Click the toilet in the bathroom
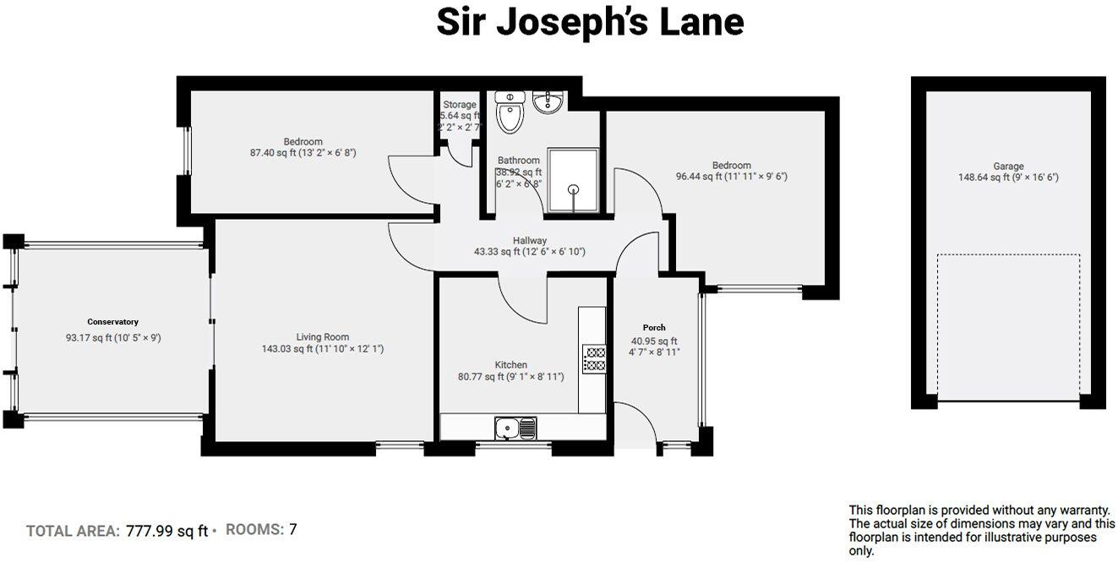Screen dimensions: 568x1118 tap(510, 113)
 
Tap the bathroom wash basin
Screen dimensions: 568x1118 tap(548, 101)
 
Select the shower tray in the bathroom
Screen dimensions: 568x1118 tap(573, 181)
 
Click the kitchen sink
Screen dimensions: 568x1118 tap(514, 429)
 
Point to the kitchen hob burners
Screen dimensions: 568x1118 tap(593, 358)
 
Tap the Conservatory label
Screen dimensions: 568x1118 tap(112, 322)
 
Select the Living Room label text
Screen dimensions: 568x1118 tap(322, 336)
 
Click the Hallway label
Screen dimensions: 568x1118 tap(530, 240)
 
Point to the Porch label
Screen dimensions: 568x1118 tap(654, 328)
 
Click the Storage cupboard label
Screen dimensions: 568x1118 tap(460, 105)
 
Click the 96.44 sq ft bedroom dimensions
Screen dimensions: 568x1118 tap(731, 177)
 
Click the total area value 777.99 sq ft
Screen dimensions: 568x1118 tap(166, 531)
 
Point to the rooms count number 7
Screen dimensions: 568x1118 tap(293, 530)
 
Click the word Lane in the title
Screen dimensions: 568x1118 tap(699, 23)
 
